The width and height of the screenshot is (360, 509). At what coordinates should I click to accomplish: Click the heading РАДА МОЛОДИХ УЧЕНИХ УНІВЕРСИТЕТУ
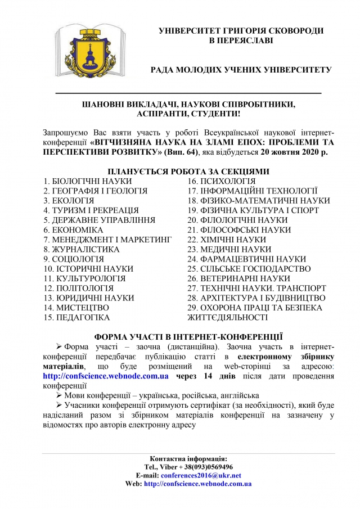241,70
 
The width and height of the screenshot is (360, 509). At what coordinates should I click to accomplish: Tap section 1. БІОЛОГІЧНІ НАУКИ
87,181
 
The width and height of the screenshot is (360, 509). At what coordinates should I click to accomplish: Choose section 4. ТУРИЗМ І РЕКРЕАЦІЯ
91,210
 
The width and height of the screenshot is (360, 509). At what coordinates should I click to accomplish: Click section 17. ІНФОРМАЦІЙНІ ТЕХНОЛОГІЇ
253,191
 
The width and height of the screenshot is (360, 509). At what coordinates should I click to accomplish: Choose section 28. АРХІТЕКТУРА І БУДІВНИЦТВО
256,298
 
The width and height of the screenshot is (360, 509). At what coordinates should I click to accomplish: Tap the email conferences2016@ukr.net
201,475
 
